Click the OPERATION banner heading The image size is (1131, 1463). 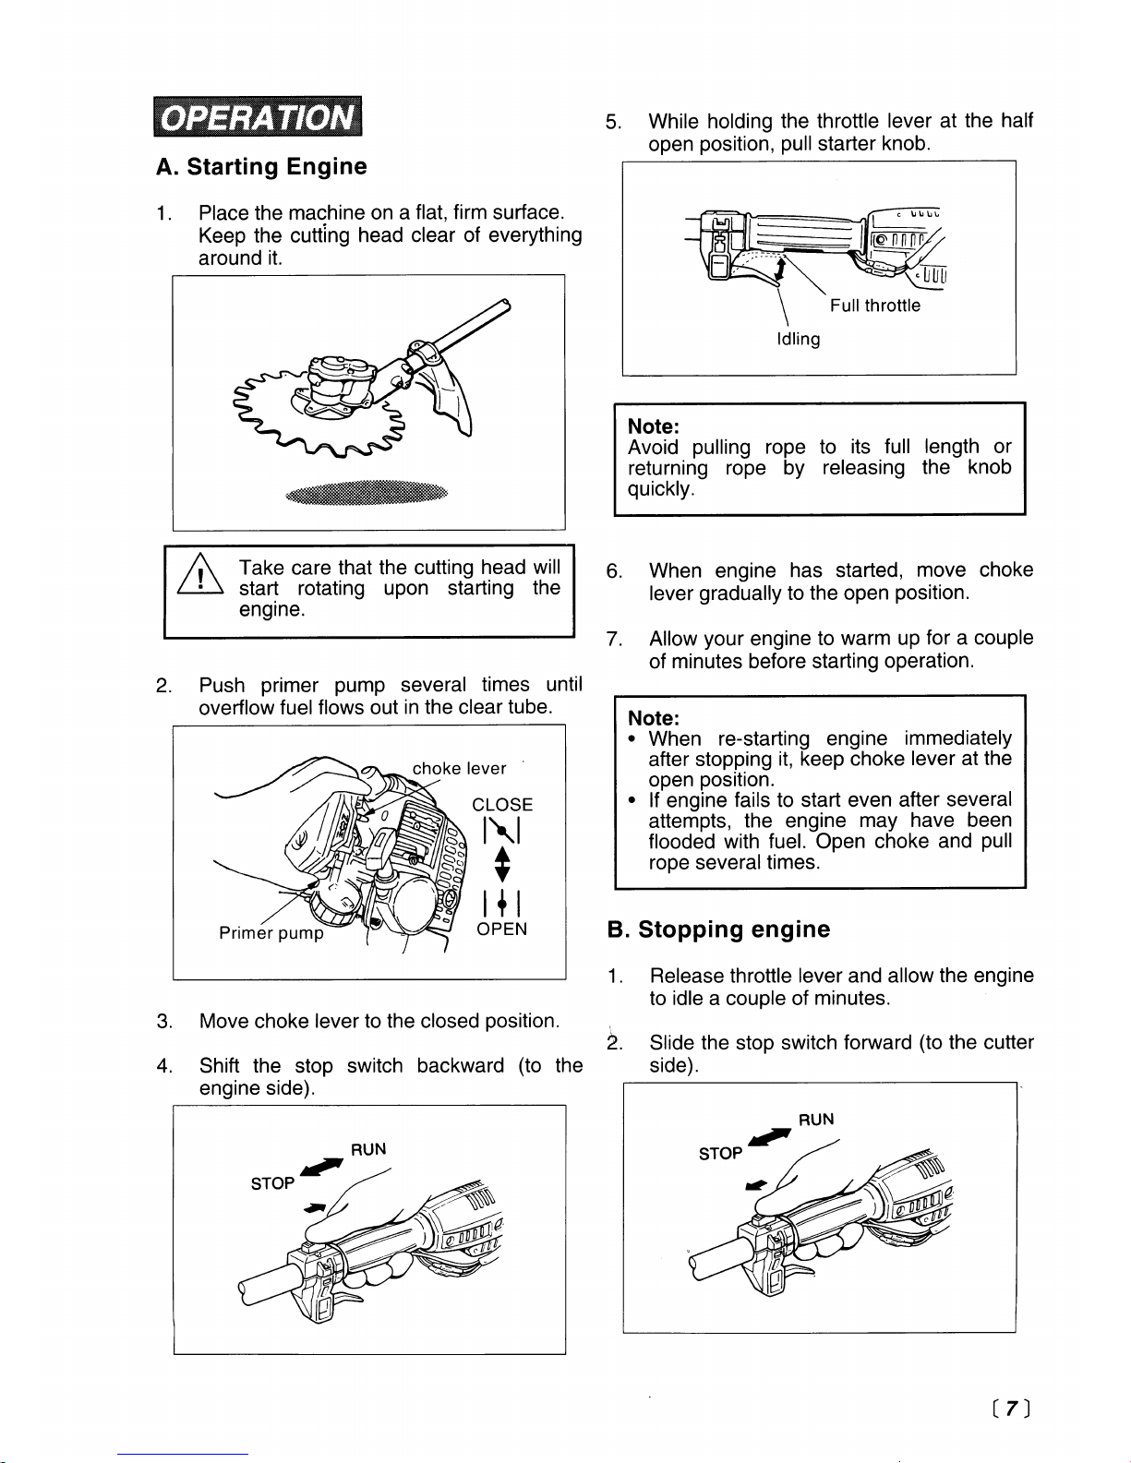(258, 116)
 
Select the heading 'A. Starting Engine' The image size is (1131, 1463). (261, 166)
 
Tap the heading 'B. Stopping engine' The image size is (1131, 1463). (718, 929)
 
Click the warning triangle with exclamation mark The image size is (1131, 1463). (200, 574)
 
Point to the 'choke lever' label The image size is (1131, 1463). (459, 768)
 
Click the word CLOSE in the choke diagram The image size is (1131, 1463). (502, 805)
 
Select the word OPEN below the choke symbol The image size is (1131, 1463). (501, 929)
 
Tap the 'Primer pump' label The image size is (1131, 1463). (271, 933)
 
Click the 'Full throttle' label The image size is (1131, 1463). (875, 306)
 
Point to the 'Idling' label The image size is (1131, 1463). (799, 339)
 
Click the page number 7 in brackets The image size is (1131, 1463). (1010, 1409)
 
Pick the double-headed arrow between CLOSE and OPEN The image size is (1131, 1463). (502, 864)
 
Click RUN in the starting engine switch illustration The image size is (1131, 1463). (368, 1149)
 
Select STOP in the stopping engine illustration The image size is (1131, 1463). (720, 1154)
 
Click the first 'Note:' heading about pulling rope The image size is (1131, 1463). (653, 426)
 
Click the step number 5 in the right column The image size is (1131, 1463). (613, 123)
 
